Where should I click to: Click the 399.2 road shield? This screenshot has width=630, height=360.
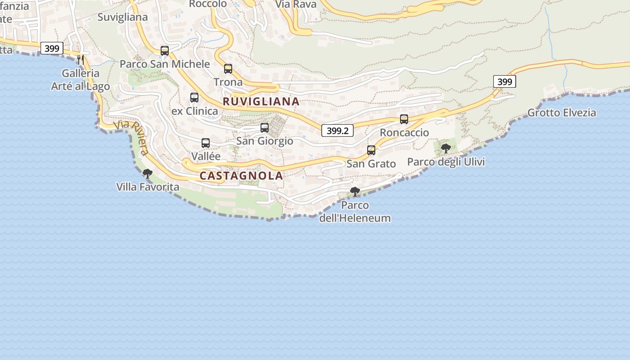tap(337, 130)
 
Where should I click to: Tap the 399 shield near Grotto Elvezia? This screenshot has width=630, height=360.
tap(504, 81)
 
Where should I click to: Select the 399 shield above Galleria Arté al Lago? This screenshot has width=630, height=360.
tap(52, 48)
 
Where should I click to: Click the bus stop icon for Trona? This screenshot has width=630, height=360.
tap(228, 69)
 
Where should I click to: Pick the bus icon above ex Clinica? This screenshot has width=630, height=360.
tap(194, 97)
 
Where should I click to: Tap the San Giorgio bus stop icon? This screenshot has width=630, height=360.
tap(265, 128)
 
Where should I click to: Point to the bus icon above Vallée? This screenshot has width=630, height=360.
tap(206, 143)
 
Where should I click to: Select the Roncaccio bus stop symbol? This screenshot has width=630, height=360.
tap(404, 119)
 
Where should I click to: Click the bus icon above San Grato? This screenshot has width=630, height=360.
tap(371, 150)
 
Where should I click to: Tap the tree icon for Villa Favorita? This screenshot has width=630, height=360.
tap(147, 174)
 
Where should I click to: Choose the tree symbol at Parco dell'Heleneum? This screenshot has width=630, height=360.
tap(355, 192)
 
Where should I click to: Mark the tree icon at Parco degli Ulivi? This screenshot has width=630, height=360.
tap(446, 148)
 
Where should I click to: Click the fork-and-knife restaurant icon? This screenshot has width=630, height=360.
tap(81, 59)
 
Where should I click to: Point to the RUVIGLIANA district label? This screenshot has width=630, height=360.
tap(261, 102)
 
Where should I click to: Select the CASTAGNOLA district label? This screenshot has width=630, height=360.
tap(241, 176)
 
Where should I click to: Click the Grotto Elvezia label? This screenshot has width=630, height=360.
tap(562, 112)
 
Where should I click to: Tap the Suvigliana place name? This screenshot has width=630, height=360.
tap(122, 17)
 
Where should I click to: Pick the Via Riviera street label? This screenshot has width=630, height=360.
tap(131, 136)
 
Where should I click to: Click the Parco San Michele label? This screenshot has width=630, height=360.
tap(165, 64)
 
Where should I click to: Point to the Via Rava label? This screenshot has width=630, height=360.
tap(296, 4)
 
